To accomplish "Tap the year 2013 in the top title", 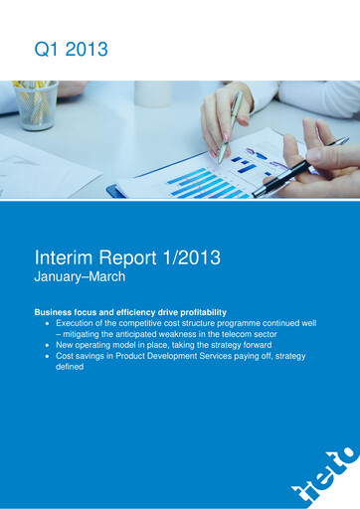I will (85, 47).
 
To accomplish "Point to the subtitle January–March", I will (80, 277).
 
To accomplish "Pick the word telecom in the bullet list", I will (240, 336).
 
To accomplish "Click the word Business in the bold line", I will (57, 312).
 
